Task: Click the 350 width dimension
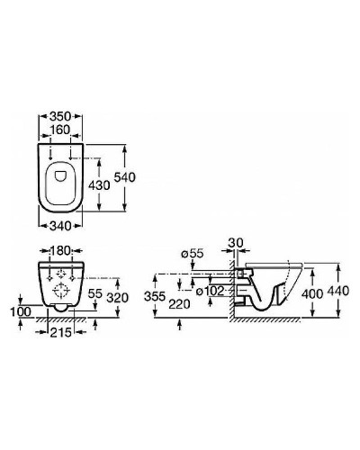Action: (60, 116)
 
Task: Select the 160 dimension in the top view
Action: (60, 130)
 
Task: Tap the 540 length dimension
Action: (124, 177)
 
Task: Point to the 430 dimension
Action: (99, 185)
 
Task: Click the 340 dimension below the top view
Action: (60, 226)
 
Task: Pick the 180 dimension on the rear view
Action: (60, 251)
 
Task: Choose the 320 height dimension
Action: (118, 298)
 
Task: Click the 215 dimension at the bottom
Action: (61, 332)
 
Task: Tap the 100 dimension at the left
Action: (21, 312)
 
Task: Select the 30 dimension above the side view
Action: (236, 243)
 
